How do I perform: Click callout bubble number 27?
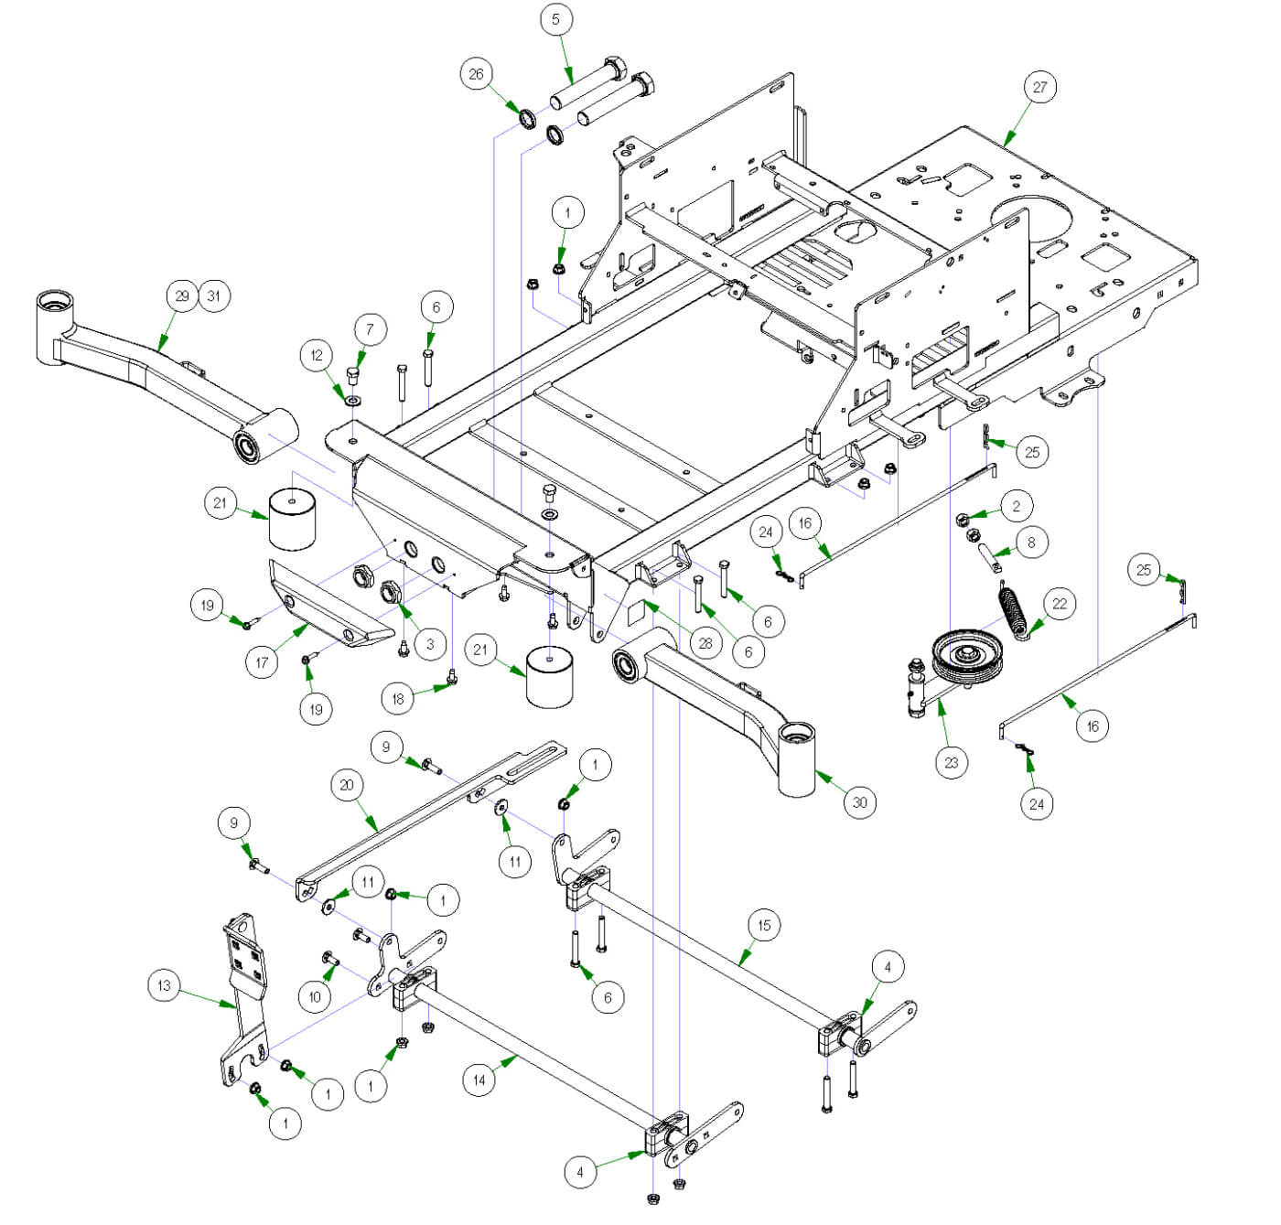(x=1039, y=88)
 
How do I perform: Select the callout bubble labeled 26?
(x=476, y=74)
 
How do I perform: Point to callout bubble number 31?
(x=213, y=296)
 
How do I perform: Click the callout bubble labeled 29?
(x=182, y=296)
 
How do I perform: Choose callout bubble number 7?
(x=370, y=329)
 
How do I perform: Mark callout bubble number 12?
(x=317, y=355)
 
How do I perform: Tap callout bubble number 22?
(x=1059, y=604)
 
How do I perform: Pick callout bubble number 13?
(x=164, y=985)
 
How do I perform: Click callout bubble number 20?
(x=346, y=785)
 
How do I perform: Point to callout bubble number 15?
(x=764, y=925)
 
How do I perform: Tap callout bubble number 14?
(x=479, y=1080)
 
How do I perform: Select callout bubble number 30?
(x=859, y=802)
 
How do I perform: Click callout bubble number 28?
(x=705, y=643)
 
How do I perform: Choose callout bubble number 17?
(x=262, y=661)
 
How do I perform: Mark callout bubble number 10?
(x=316, y=996)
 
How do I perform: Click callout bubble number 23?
(x=952, y=762)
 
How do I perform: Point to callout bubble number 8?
(x=1031, y=543)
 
